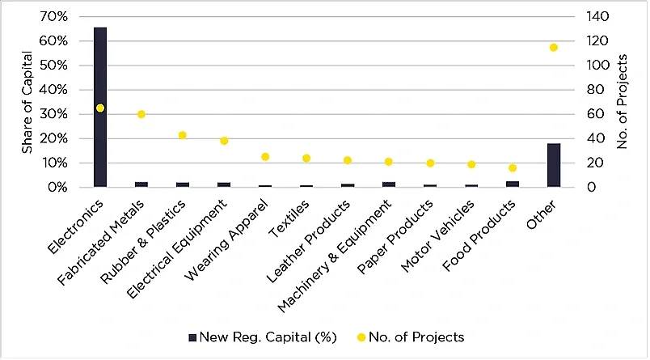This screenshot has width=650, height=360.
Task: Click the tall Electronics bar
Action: [100, 107]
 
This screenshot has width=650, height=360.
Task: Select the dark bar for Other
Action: [554, 165]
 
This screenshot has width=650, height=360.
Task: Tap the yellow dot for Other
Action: [554, 48]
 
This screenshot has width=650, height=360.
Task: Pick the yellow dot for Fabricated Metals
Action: [141, 114]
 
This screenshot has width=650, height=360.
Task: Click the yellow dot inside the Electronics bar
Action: [100, 108]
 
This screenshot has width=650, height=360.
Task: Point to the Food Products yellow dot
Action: [513, 167]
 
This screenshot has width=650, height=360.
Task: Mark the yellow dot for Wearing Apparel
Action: [265, 157]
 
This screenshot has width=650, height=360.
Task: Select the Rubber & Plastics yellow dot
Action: [183, 135]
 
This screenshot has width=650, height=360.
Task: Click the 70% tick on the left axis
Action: [54, 17]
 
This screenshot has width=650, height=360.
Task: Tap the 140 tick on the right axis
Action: [597, 17]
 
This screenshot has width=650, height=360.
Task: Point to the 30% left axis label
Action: [54, 114]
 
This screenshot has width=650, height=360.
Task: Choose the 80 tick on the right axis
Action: [594, 90]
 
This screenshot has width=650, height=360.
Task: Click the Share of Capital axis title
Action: [27, 102]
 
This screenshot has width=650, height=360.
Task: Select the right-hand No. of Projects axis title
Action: [622, 102]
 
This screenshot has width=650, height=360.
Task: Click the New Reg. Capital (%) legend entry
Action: [263, 337]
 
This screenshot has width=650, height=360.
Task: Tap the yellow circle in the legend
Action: [361, 337]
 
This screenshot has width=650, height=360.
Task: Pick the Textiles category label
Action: [289, 218]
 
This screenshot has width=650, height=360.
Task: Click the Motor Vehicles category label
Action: [437, 236]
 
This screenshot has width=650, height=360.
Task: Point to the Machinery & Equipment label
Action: [335, 256]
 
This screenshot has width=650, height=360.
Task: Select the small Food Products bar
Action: [513, 184]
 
